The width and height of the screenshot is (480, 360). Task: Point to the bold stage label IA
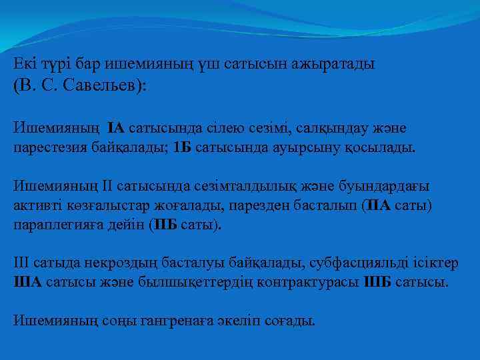click(x=115, y=127)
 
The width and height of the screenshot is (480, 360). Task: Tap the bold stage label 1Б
click(x=182, y=147)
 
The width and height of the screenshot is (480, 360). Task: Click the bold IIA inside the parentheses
click(x=378, y=205)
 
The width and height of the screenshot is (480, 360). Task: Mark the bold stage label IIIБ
click(x=379, y=283)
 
